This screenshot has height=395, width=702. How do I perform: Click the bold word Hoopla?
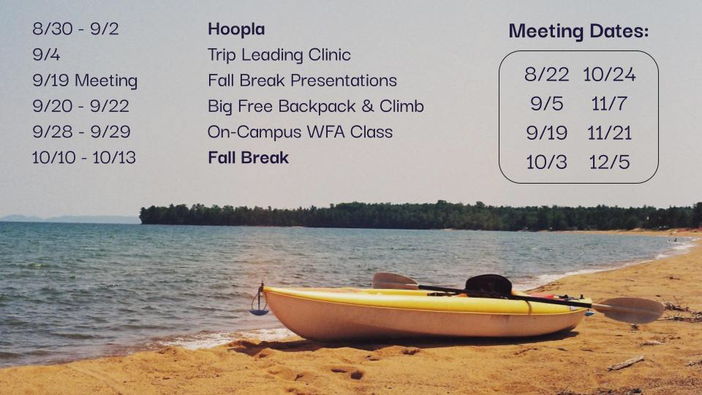pyautogui.click(x=235, y=29)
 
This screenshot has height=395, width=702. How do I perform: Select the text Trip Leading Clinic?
pyautogui.click(x=279, y=55)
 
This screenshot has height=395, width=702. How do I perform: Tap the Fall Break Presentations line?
pyautogui.click(x=302, y=80)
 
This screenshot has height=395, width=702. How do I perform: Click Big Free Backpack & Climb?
pyautogui.click(x=315, y=106)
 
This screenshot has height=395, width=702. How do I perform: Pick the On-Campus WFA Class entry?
pyautogui.click(x=300, y=132)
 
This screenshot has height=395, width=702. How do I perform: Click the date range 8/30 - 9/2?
pyautogui.click(x=75, y=29)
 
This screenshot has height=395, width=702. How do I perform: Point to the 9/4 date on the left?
pyautogui.click(x=46, y=55)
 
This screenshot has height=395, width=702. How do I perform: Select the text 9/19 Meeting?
pyautogui.click(x=85, y=80)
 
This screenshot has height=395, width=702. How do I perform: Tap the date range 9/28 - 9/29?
pyautogui.click(x=80, y=132)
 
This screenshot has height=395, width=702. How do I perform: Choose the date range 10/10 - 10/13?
pyautogui.click(x=84, y=157)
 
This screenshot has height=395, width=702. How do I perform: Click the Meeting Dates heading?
pyautogui.click(x=578, y=31)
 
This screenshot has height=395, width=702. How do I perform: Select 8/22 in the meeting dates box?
pyautogui.click(x=546, y=74)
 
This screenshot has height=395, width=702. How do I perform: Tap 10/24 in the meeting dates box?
pyautogui.click(x=609, y=74)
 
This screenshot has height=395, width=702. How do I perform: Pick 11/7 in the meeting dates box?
pyautogui.click(x=609, y=104)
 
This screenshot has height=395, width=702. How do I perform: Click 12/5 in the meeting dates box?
pyautogui.click(x=609, y=162)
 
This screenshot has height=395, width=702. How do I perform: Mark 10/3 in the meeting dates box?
pyautogui.click(x=546, y=162)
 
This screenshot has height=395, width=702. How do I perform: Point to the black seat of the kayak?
pyautogui.click(x=488, y=285)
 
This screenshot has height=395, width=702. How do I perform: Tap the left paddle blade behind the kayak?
pyautogui.click(x=394, y=280)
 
